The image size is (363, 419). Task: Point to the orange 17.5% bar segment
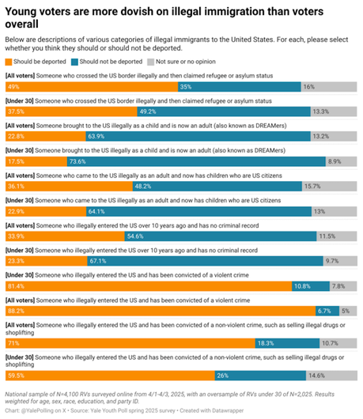35,161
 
